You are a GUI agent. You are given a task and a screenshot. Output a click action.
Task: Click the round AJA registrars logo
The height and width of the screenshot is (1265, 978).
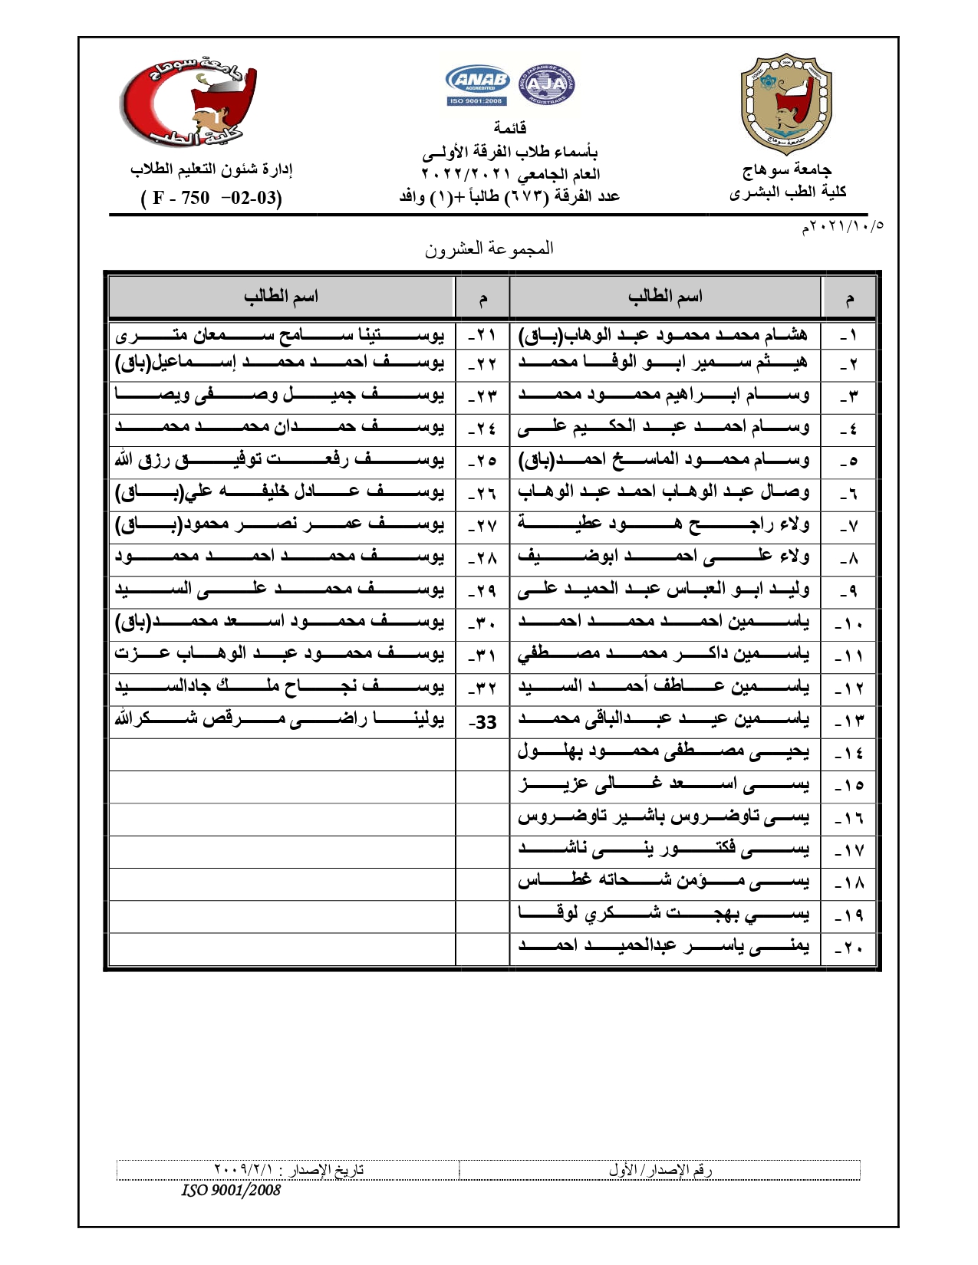tap(546, 84)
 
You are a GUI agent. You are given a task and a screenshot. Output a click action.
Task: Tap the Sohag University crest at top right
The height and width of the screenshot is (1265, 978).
tap(785, 104)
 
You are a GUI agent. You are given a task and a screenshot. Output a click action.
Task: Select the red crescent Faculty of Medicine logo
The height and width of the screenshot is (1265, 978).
tap(189, 103)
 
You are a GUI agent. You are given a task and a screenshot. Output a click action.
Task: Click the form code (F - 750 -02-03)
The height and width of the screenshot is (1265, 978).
tap(211, 198)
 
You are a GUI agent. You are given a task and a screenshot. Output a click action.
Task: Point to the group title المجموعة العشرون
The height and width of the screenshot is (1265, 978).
tap(489, 248)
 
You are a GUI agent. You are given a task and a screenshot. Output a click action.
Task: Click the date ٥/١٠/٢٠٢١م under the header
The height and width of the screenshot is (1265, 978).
tap(842, 226)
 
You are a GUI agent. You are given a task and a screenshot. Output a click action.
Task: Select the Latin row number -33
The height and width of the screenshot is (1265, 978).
tap(482, 722)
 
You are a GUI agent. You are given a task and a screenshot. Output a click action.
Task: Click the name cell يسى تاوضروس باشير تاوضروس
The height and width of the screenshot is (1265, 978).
tap(664, 817)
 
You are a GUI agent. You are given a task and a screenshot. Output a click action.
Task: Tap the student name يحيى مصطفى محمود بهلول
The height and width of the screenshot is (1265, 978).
tap(664, 752)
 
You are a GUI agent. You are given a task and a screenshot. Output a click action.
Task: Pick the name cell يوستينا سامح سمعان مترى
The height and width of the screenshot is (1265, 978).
tap(280, 335)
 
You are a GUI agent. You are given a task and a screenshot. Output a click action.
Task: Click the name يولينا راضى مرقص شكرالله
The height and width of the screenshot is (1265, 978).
tap(280, 720)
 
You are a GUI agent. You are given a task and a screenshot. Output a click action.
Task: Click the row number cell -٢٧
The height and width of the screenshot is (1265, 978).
tap(482, 526)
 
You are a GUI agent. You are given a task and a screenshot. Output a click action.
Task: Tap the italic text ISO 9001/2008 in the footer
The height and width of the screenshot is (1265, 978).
tap(231, 1190)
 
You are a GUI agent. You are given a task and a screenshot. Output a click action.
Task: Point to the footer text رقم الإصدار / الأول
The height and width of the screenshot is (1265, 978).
tap(660, 1170)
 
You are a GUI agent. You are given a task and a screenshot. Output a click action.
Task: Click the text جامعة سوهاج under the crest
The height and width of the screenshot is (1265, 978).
tap(787, 169)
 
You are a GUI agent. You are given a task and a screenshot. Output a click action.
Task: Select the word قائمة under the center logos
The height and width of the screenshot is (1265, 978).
tap(510, 128)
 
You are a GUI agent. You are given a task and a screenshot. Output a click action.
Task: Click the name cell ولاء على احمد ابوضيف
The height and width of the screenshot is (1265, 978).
tap(664, 557)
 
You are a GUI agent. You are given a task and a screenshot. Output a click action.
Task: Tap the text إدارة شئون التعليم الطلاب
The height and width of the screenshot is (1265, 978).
tap(211, 169)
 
